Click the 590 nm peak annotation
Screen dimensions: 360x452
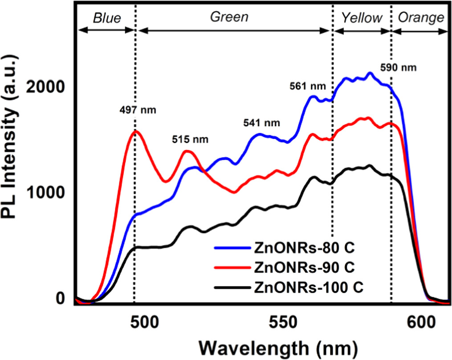pos(399,68)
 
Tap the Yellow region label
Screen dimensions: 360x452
pos(362,17)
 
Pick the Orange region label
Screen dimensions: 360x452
pos(421,17)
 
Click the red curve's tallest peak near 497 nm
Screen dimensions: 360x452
pos(135,131)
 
